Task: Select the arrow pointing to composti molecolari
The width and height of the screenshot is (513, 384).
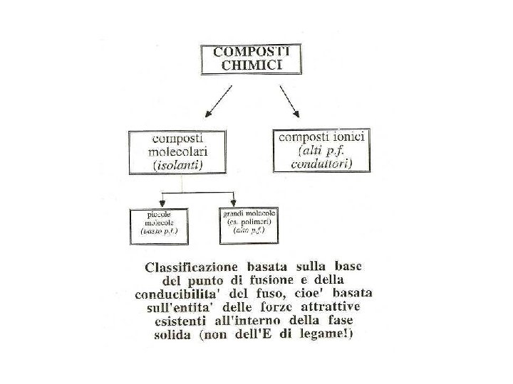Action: [x=217, y=101]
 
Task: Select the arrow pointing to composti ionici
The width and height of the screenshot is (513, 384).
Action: [x=289, y=101]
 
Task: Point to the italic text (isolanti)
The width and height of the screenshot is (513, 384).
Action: [x=178, y=165]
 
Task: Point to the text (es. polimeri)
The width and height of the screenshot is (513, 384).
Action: [x=249, y=222]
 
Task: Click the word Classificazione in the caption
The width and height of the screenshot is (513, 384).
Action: [x=191, y=268]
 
